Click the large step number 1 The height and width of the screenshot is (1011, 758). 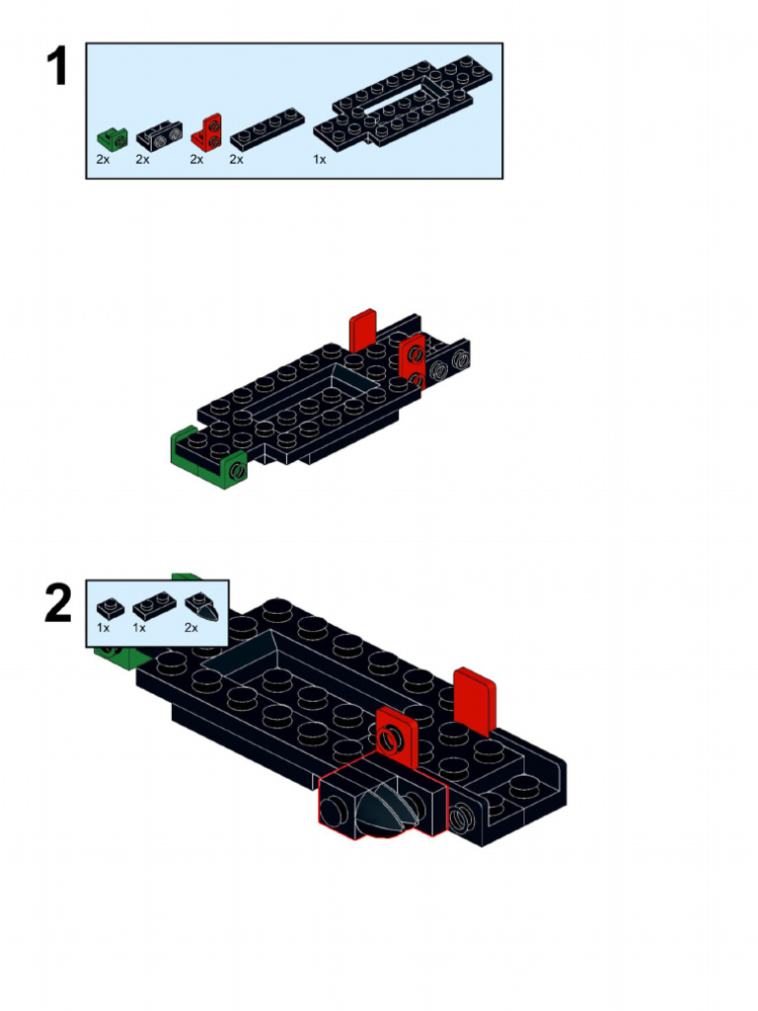(57, 68)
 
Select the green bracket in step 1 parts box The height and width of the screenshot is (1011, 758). (112, 136)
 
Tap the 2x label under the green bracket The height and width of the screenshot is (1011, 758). (103, 159)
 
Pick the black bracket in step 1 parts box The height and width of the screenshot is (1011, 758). (159, 133)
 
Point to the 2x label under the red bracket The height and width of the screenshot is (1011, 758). (196, 159)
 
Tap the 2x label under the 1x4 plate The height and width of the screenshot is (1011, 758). (237, 159)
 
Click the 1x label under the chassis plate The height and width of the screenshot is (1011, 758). (320, 159)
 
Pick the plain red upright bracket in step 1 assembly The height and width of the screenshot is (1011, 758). (363, 329)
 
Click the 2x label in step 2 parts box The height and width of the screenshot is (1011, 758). (190, 628)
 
